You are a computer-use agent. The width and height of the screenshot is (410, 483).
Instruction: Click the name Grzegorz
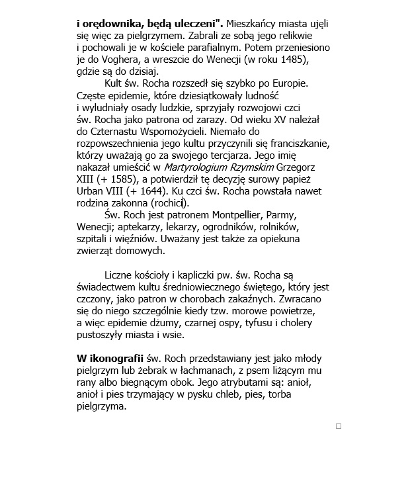click(297, 167)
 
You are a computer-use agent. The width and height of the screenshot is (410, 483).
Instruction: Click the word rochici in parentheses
click(169, 203)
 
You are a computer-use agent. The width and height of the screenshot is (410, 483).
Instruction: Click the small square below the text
click(339, 426)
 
